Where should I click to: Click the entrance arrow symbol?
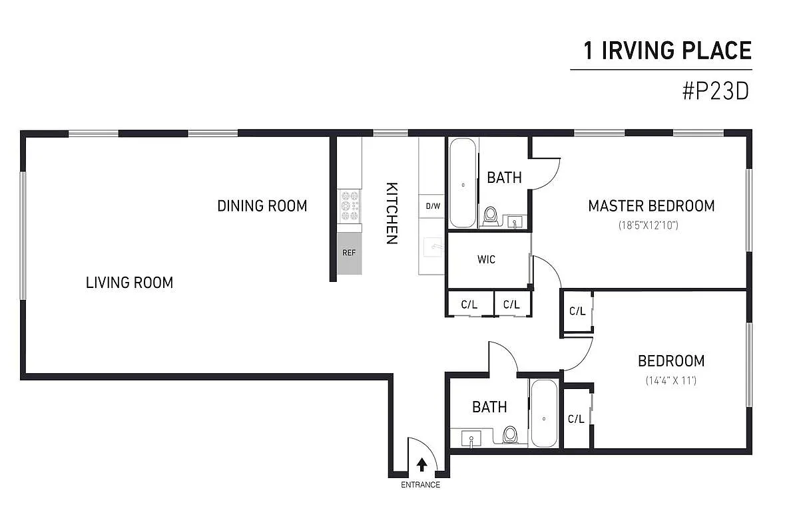click(421, 464)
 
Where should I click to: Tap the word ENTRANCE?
click(420, 485)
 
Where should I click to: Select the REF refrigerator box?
click(350, 253)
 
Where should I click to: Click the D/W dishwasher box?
click(433, 205)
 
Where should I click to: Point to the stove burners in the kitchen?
click(350, 206)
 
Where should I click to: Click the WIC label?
click(486, 259)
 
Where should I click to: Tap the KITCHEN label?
click(392, 213)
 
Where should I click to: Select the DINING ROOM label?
click(262, 206)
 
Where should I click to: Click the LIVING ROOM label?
click(129, 283)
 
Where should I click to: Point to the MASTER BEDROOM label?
click(651, 206)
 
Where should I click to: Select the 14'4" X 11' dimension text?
click(670, 381)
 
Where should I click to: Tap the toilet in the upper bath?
click(491, 215)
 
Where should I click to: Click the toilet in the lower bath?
click(511, 434)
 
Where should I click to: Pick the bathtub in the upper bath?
click(463, 183)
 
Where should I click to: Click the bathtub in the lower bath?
click(545, 414)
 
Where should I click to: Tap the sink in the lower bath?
click(471, 439)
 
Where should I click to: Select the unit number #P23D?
click(716, 91)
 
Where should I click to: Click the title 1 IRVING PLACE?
click(667, 51)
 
